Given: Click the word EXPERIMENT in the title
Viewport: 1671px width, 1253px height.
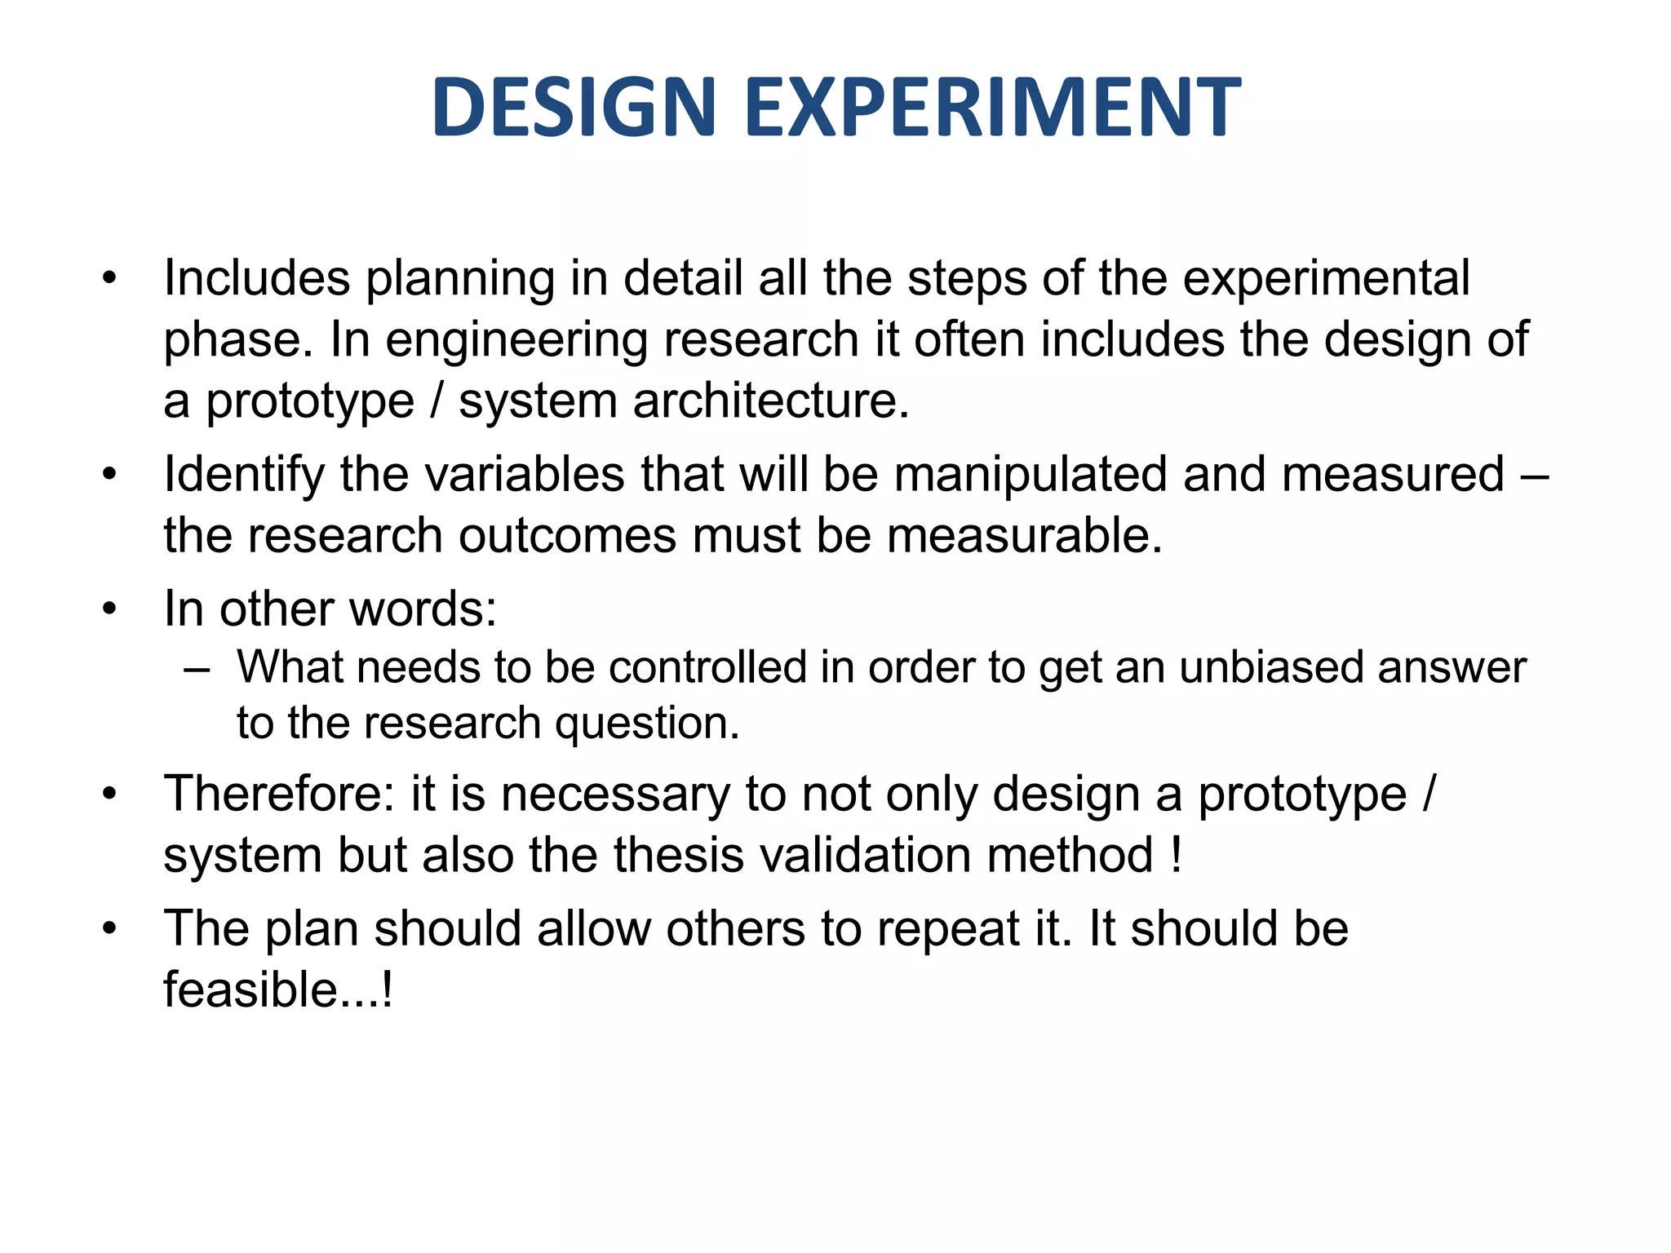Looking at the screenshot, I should click(x=993, y=107).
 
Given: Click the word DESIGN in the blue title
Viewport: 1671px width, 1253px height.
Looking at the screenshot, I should click(x=574, y=107).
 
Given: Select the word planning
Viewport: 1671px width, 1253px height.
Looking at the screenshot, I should click(x=459, y=279).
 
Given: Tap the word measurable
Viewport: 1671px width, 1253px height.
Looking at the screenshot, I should click(x=1024, y=536).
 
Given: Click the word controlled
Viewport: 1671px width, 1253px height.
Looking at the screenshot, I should click(x=707, y=667).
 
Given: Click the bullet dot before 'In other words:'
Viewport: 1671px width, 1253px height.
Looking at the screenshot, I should click(x=110, y=609).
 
